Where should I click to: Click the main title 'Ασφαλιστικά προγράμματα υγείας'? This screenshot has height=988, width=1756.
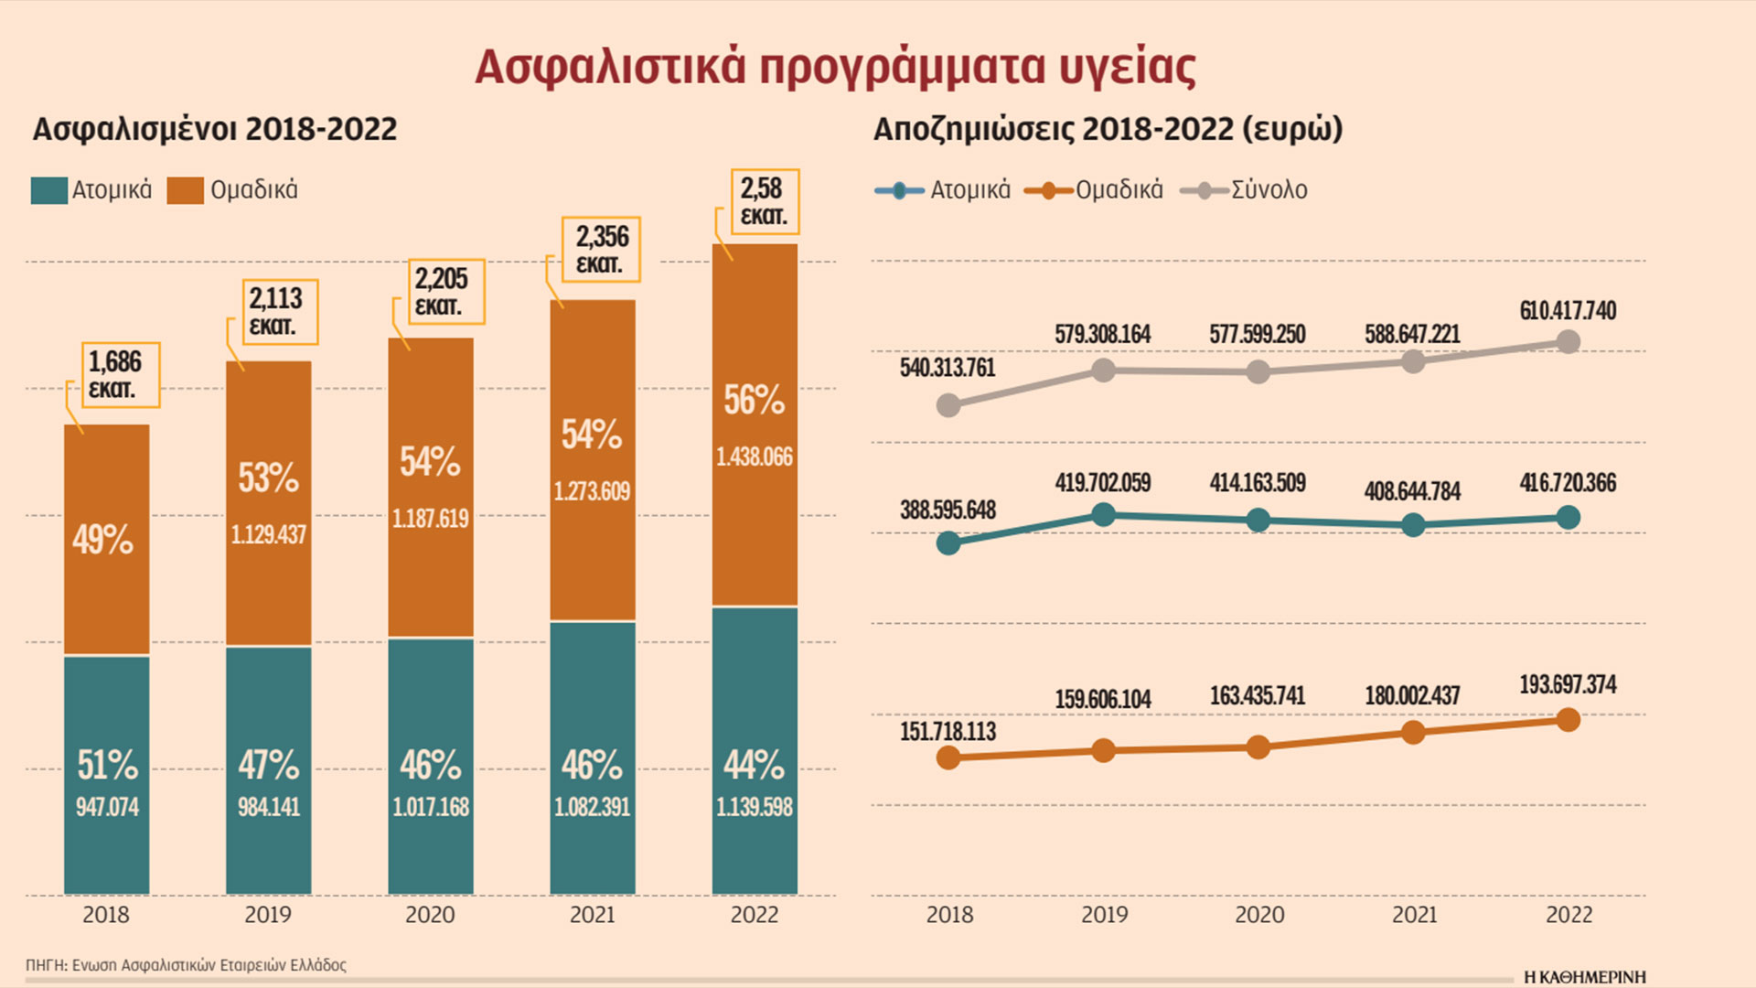[835, 66]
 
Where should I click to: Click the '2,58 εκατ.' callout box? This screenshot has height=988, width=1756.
[763, 201]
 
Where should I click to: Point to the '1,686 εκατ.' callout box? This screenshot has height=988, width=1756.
[120, 375]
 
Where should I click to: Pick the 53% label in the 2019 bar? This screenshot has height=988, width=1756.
[268, 478]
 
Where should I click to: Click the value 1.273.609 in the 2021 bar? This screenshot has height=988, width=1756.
[592, 491]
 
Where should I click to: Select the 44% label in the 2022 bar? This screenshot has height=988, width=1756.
[754, 765]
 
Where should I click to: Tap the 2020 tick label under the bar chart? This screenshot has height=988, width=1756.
[430, 914]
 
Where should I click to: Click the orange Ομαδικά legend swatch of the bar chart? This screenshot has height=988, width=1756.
[186, 190]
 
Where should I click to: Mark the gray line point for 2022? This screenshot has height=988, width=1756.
[1568, 342]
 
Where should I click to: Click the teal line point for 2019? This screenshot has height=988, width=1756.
[1104, 515]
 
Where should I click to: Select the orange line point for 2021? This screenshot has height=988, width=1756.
[1413, 733]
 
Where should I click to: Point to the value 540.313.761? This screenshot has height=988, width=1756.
[948, 368]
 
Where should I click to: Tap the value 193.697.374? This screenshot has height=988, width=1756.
[1568, 684]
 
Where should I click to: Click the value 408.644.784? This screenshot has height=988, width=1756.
[1412, 491]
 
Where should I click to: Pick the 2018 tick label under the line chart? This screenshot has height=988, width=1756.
[949, 914]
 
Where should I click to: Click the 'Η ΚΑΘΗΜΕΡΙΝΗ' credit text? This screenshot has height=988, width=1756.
[1584, 977]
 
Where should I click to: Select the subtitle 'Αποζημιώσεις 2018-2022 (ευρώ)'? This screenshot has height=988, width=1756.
[1108, 129]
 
